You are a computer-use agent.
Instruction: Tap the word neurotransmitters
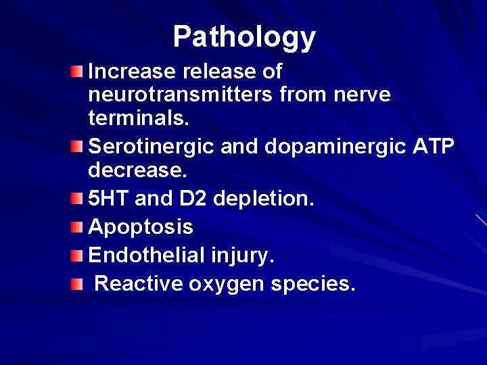pyautogui.click(x=177, y=95)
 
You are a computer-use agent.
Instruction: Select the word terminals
pyautogui.click(x=139, y=118)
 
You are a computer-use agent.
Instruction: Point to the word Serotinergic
pyautogui.click(x=150, y=146)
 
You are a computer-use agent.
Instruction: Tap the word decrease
pyautogui.click(x=137, y=170)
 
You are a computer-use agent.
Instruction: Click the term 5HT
pyautogui.click(x=110, y=199)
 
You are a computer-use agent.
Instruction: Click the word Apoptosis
pyautogui.click(x=141, y=228)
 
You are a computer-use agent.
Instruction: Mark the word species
pyautogui.click(x=312, y=285)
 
